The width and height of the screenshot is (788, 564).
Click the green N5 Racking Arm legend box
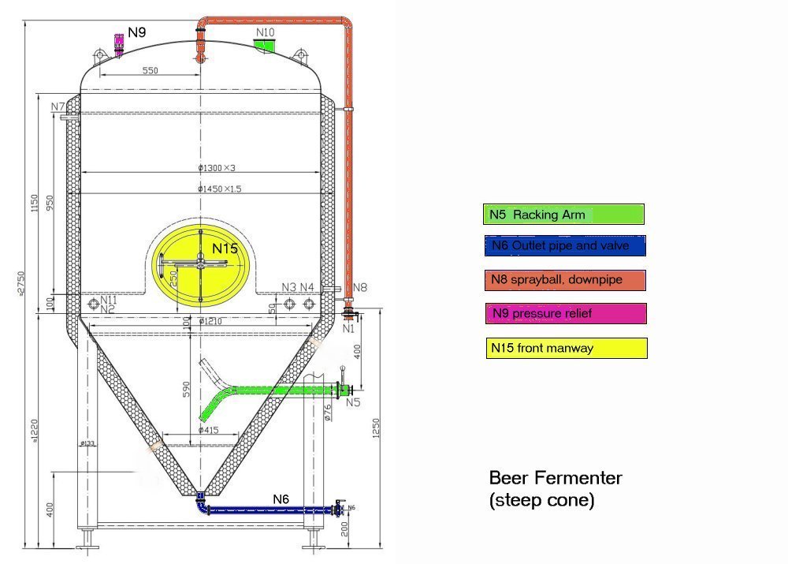click(564, 214)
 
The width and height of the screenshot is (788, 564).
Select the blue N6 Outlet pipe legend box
click(564, 246)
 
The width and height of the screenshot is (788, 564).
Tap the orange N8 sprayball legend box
click(565, 281)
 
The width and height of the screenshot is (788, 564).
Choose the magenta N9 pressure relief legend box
click(565, 313)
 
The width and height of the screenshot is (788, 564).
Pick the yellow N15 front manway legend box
click(566, 348)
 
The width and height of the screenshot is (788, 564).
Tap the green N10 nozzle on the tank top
click(267, 45)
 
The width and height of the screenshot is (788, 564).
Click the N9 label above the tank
click(137, 33)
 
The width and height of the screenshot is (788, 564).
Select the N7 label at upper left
click(58, 107)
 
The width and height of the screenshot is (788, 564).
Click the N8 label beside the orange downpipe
click(359, 288)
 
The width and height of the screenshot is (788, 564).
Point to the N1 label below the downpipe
click(348, 328)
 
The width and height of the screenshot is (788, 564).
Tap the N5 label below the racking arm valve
click(353, 403)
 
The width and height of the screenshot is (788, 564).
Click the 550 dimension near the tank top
click(150, 71)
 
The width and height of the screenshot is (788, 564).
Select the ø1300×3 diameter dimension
click(217, 168)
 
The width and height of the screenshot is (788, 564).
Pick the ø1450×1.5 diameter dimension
click(219, 189)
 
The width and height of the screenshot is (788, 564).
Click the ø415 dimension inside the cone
click(208, 430)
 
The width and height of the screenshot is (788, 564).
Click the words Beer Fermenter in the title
click(556, 478)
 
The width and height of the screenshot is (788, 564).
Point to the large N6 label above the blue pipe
click(281, 499)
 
